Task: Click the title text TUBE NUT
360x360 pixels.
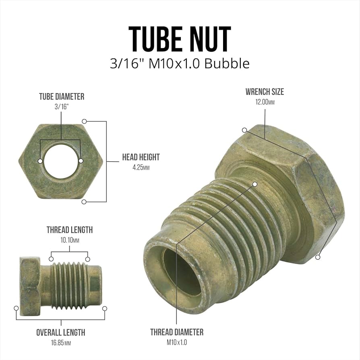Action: [x=180, y=39]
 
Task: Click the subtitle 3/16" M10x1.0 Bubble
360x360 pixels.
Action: [x=180, y=64]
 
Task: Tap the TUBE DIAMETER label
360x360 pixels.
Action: [x=62, y=97]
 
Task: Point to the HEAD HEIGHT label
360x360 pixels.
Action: [x=141, y=157]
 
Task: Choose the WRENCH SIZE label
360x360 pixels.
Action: [x=265, y=92]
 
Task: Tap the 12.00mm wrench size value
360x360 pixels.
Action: [x=265, y=102]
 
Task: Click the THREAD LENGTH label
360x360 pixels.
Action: [x=70, y=230]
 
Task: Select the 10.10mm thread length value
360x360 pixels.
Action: [x=70, y=240]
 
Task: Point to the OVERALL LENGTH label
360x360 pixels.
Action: [x=61, y=332]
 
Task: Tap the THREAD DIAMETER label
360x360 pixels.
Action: [x=177, y=332]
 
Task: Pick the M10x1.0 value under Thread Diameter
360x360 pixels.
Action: [x=177, y=342]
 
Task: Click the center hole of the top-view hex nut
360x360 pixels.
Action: [x=60, y=161]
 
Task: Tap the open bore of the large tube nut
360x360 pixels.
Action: [x=181, y=272]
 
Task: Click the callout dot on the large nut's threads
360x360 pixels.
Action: [x=255, y=184]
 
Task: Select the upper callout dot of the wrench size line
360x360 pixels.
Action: [x=244, y=130]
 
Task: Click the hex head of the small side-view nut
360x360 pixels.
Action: [x=30, y=286]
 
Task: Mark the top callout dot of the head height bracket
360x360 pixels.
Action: [x=84, y=121]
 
